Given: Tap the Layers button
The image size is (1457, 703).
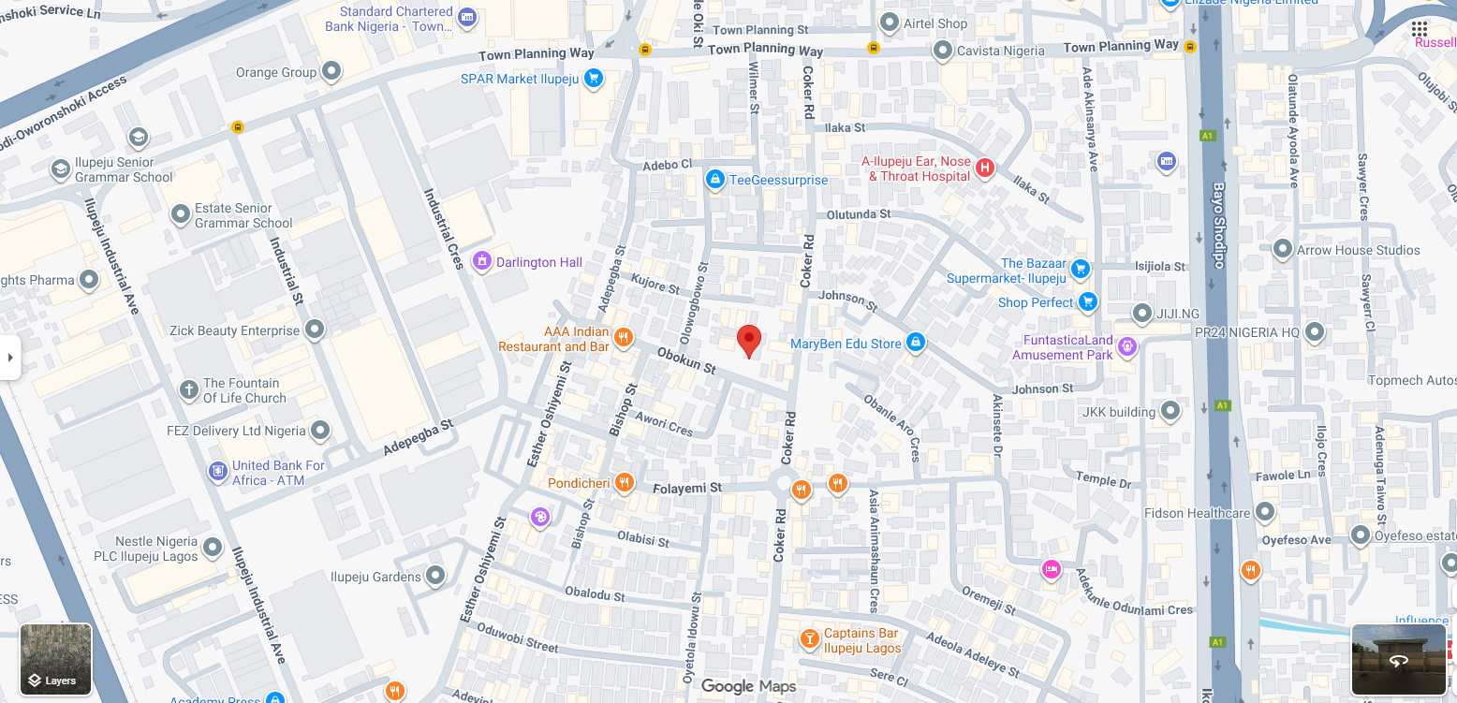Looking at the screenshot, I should (x=56, y=660).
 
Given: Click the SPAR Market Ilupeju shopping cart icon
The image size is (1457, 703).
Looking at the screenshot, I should (x=592, y=79).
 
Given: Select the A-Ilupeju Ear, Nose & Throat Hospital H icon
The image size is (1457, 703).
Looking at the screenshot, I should (x=984, y=168).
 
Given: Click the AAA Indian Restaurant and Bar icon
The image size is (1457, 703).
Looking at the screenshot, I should (x=623, y=338).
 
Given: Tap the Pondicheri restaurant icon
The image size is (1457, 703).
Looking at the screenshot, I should (x=625, y=483).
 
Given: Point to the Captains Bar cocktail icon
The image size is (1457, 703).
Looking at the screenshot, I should (x=809, y=639).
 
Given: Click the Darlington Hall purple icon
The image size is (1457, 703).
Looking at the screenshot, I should (x=481, y=261).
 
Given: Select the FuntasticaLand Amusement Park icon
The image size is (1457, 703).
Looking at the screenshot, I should (x=1127, y=346).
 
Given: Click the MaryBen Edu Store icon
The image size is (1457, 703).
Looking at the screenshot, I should (x=916, y=343).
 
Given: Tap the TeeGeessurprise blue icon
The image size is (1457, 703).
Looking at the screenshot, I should (x=714, y=179).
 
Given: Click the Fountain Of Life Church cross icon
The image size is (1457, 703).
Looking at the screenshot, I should (x=189, y=389).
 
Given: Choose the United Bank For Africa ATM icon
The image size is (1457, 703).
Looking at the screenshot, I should (x=217, y=471).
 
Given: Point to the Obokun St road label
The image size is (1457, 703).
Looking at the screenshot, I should (x=686, y=361).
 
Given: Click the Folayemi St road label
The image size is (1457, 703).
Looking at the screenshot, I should (x=687, y=488).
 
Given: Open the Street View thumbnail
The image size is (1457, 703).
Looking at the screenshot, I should (x=1398, y=660).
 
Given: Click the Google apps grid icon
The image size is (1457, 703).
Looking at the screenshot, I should (x=1420, y=29).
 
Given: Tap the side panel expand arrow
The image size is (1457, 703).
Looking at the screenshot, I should (x=10, y=358).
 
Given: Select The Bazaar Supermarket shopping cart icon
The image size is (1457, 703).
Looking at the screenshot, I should (x=1081, y=270).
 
